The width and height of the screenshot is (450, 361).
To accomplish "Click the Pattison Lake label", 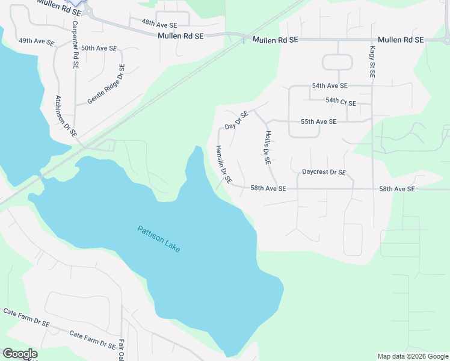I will (159, 239).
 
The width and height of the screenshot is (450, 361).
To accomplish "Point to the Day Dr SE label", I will (236, 120).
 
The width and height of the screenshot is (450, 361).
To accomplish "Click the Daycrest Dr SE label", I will (324, 172).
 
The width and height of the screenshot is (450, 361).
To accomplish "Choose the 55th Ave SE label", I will (318, 122).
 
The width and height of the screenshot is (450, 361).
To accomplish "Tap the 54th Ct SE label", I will (341, 102).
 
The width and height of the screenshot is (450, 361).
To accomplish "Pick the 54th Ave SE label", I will (329, 86).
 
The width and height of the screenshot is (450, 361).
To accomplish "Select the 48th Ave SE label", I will (159, 25).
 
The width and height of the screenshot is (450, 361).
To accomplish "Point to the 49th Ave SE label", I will (36, 42).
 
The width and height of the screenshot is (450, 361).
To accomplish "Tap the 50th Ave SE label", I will (99, 48).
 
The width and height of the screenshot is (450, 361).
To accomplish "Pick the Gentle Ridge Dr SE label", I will (106, 84).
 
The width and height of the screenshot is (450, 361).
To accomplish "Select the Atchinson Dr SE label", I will (66, 116).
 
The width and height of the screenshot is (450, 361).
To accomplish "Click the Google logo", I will (19, 354).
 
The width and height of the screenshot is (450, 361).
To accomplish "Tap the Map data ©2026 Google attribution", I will (413, 356).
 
